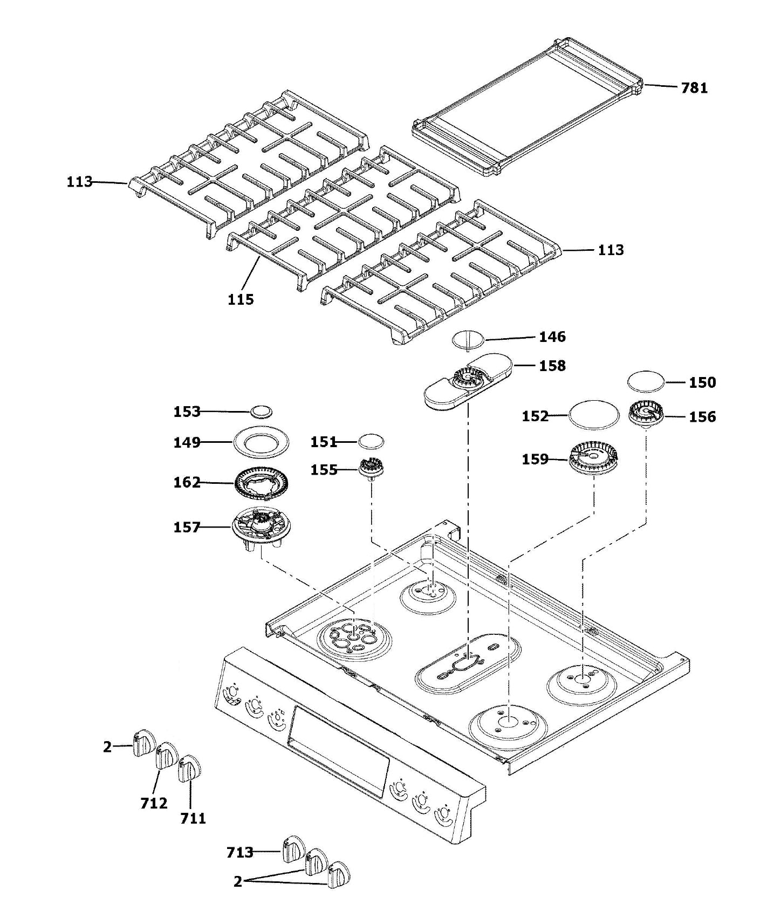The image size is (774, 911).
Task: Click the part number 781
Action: (694, 87)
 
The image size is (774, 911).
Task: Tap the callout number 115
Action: (241, 299)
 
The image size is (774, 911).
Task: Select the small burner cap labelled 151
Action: (371, 441)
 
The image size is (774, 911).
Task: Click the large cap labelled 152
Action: (593, 415)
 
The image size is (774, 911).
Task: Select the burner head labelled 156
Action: (646, 416)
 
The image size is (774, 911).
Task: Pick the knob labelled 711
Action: (189, 768)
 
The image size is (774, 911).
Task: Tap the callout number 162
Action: (187, 482)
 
